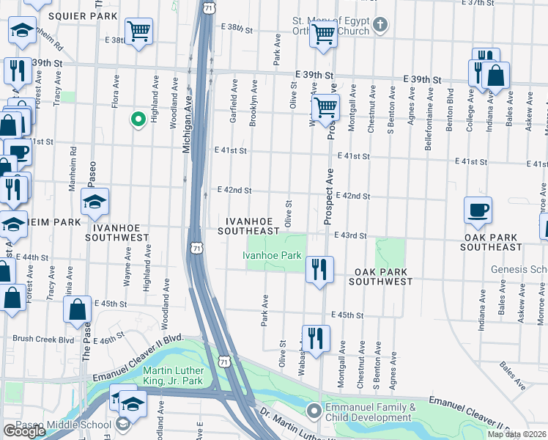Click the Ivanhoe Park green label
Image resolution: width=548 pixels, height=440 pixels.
coord(272,255)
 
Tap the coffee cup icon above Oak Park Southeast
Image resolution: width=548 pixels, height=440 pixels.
coord(478,210)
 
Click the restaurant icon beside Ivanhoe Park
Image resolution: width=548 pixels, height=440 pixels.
coord(319,269)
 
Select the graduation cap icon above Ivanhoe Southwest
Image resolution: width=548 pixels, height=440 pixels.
coord(95,202)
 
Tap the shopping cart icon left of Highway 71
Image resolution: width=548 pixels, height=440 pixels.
coord(138,32)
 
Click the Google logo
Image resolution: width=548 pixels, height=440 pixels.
coord(23,431)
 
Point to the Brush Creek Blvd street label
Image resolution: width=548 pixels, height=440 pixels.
coord(43,340)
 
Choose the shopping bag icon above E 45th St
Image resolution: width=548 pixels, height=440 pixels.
coord(78,309)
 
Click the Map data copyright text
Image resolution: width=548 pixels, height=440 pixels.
coord(516,434)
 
